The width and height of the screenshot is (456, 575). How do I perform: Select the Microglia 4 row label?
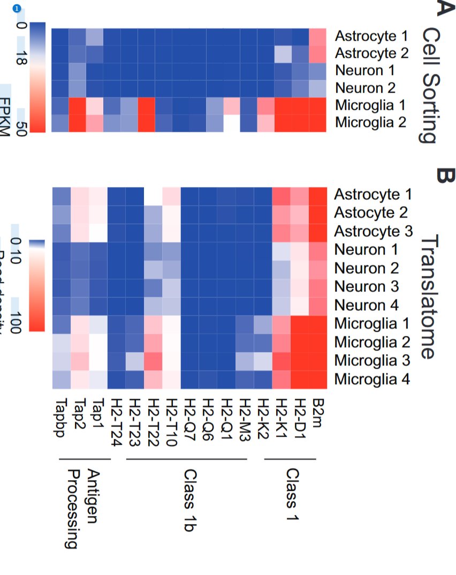pyautogui.click(x=373, y=379)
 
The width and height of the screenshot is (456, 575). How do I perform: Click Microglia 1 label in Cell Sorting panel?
pyautogui.click(x=371, y=105)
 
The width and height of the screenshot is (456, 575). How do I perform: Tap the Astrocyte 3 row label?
pyautogui.click(x=374, y=232)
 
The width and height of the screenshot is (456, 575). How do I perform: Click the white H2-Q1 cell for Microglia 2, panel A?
pyautogui.click(x=231, y=123)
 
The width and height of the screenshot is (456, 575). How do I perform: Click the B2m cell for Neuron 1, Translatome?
pyautogui.click(x=317, y=250)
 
